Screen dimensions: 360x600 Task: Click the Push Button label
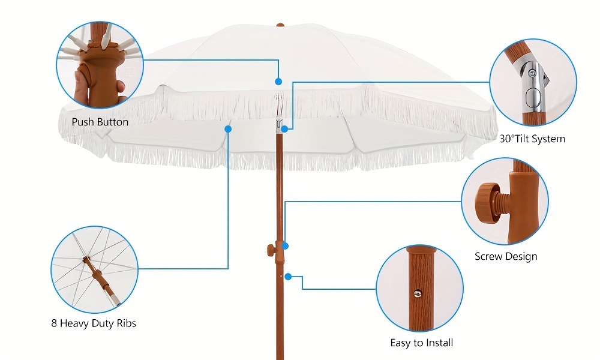pyautogui.click(x=100, y=122)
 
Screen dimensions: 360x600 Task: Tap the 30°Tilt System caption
pyautogui.click(x=532, y=139)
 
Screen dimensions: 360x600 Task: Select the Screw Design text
pyautogui.click(x=506, y=256)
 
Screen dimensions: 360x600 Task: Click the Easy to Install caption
pyautogui.click(x=421, y=343)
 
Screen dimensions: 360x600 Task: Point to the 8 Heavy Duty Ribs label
pyautogui.click(x=94, y=323)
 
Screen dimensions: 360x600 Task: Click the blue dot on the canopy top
pyautogui.click(x=278, y=81)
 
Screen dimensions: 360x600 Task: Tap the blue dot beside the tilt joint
pyautogui.click(x=285, y=128)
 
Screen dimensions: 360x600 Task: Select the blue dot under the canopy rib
pyautogui.click(x=228, y=128)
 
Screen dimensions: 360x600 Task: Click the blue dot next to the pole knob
pyautogui.click(x=286, y=245)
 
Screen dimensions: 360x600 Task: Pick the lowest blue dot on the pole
pyautogui.click(x=289, y=277)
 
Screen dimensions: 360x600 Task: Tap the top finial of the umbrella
pyautogui.click(x=280, y=26)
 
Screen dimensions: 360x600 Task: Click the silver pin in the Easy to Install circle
pyautogui.click(x=418, y=293)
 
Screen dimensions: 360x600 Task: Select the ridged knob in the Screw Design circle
pyautogui.click(x=489, y=203)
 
